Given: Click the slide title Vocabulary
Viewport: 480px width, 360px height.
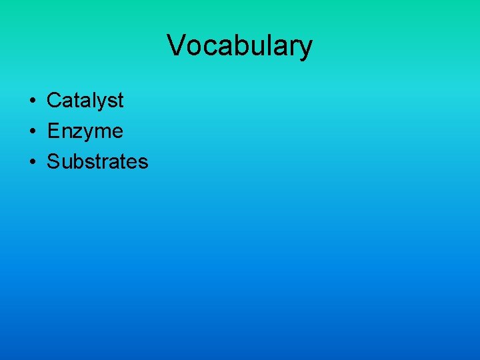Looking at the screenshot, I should pyautogui.click(x=239, y=45).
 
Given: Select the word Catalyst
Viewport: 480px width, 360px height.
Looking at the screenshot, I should pyautogui.click(x=85, y=101).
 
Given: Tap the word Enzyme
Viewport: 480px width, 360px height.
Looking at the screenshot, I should pyautogui.click(x=85, y=131).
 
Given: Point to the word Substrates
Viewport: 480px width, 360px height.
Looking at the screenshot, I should pyautogui.click(x=97, y=161).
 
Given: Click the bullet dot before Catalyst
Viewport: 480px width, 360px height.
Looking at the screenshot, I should pyautogui.click(x=31, y=101).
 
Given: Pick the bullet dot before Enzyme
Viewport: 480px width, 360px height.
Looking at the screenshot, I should pyautogui.click(x=31, y=132).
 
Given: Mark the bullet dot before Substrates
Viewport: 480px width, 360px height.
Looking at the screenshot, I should pyautogui.click(x=31, y=162).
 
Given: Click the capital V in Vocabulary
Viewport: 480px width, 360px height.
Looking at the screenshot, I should pyautogui.click(x=176, y=45).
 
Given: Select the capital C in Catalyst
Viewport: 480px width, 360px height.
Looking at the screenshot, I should pyautogui.click(x=53, y=101).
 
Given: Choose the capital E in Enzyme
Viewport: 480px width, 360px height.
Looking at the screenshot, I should pyautogui.click(x=53, y=131).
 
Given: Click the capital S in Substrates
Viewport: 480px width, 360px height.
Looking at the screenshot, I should pyautogui.click(x=53, y=161).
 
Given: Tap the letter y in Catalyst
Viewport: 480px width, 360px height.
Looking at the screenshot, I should pyautogui.click(x=102, y=103).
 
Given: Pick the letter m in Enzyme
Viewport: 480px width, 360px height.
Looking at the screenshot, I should pyautogui.click(x=101, y=133).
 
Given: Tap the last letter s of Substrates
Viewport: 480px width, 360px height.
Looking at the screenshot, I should pyautogui.click(x=143, y=163).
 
